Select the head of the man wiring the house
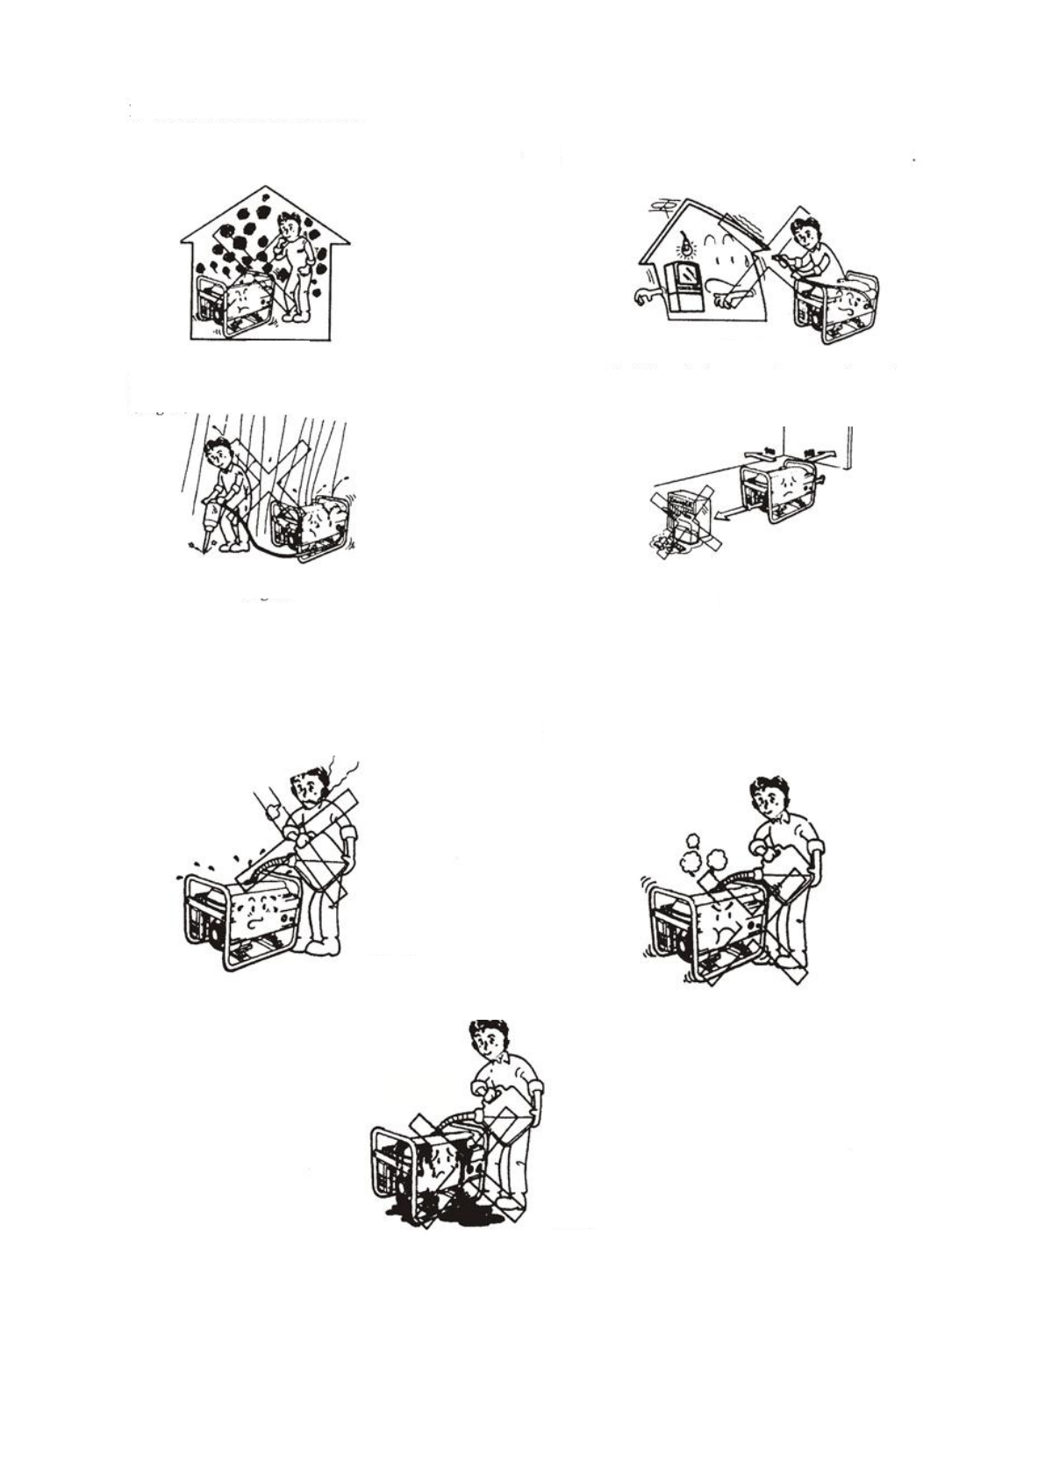[805, 233]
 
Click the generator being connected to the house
[836, 309]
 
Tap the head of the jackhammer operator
[218, 453]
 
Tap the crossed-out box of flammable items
[681, 525]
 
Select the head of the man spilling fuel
[488, 1040]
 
